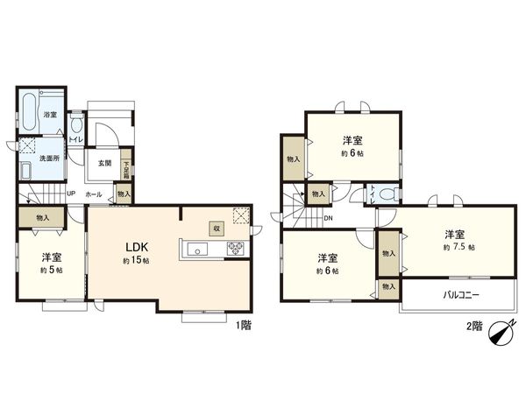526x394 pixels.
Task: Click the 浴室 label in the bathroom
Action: [x=52, y=114]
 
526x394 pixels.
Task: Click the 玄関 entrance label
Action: [x=104, y=163]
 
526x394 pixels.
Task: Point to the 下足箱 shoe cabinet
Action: [x=126, y=165]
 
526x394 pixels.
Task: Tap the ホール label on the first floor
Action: [x=96, y=194]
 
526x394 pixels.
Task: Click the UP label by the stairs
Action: [x=70, y=193]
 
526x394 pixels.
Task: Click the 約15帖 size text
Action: [x=134, y=263]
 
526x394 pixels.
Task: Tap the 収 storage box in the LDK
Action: [x=214, y=226]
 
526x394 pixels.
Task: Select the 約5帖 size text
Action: [x=51, y=271]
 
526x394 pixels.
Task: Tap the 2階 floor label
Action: [x=473, y=326]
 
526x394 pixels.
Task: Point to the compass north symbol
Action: [x=501, y=333]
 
